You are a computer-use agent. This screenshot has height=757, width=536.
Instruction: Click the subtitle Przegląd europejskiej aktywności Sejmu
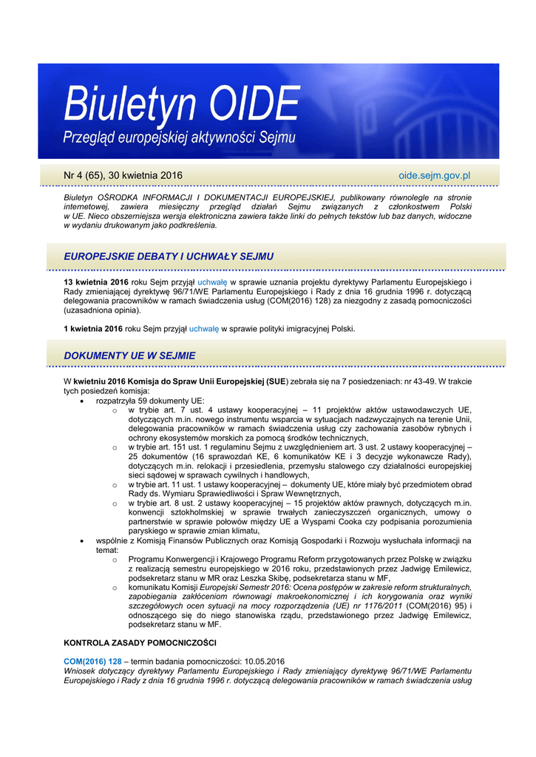(179, 138)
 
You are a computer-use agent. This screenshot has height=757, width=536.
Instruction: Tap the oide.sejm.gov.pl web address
(435, 175)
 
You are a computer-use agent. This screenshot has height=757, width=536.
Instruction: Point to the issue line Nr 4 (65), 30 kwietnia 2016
(123, 175)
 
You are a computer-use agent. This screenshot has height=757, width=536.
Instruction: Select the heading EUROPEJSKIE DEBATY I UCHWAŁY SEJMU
(169, 257)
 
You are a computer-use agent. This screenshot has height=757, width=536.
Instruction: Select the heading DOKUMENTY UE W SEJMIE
(129, 356)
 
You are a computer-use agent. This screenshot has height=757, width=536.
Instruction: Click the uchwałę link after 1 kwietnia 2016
(204, 329)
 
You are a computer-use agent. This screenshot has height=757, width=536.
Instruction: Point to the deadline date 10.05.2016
(263, 660)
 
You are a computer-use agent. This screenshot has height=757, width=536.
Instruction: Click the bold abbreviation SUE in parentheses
(277, 381)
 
